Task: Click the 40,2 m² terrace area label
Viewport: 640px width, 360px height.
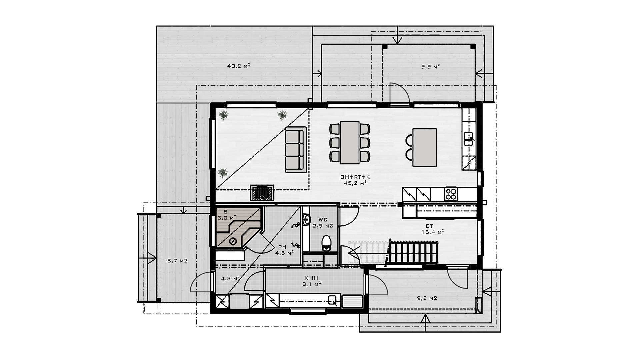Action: [239, 66]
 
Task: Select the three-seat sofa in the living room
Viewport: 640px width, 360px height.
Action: [296, 150]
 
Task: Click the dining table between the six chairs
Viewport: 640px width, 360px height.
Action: [350, 143]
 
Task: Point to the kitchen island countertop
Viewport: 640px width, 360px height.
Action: [424, 147]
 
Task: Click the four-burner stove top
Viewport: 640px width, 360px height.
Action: [451, 194]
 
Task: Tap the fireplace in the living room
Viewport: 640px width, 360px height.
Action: [262, 193]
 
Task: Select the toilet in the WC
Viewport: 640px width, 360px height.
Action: [326, 243]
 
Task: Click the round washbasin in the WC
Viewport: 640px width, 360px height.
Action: [307, 219]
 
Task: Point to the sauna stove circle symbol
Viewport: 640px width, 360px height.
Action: [233, 242]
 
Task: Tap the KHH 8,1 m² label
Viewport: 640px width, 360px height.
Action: [311, 281]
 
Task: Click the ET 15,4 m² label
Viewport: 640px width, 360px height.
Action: [432, 229]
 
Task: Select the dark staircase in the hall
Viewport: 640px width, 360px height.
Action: [413, 253]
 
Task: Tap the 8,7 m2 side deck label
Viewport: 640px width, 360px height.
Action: [177, 261]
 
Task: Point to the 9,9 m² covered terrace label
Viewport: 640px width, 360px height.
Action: [430, 66]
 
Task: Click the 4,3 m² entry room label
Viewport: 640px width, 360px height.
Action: [230, 278]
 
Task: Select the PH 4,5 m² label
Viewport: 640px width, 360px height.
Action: [284, 250]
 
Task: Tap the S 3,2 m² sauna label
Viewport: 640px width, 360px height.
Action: [227, 215]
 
